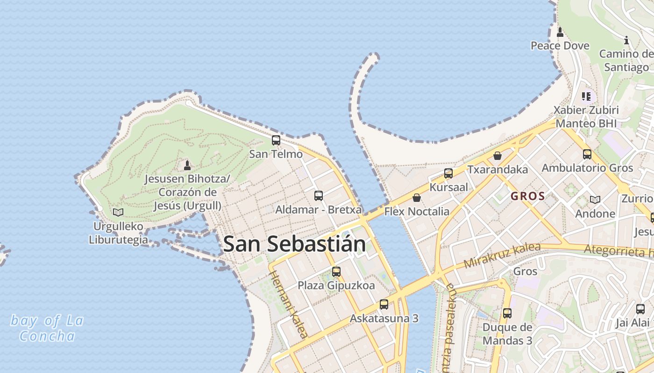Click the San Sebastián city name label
point(294,244)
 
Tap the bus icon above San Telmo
point(276,140)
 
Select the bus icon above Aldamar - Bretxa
point(319,196)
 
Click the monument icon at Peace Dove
point(560,32)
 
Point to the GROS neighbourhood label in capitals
point(528,196)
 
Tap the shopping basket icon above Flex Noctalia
point(416,198)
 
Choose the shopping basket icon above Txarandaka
point(498,156)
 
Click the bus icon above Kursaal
point(448,173)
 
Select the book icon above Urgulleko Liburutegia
point(118,213)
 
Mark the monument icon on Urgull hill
point(187,165)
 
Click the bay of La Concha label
point(47,328)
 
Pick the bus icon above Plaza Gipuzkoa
point(336,271)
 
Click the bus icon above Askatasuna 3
point(384,304)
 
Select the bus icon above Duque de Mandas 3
point(507,313)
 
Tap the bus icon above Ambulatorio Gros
point(587,154)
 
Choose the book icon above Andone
point(595,200)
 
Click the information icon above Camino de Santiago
point(626,41)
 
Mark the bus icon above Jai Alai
point(640,309)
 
